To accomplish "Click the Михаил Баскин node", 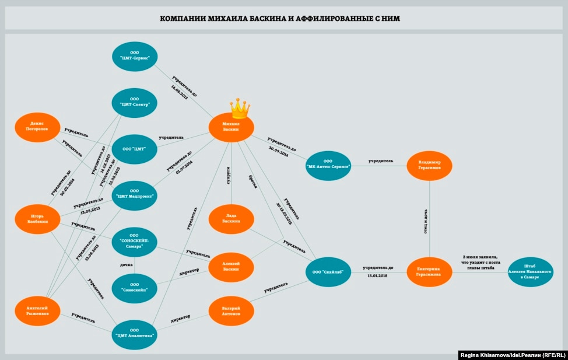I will pos(232,127).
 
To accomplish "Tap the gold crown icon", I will pos(240,107).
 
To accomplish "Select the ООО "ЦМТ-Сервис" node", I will pos(135,57).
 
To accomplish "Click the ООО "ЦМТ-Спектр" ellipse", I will pos(135,103).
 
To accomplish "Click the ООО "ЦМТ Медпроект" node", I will pos(135,194).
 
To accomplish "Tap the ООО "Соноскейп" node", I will pos(135,288).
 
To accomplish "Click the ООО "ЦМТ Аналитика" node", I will pos(135,334).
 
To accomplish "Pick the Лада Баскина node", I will pos(232,219).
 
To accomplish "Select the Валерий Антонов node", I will pos(232,310).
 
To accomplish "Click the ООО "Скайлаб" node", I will pos(328,272).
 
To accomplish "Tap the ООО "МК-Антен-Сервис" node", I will pos(328,166).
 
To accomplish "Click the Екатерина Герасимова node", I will pos(429,272).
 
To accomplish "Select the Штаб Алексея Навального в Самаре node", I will pos(530,272).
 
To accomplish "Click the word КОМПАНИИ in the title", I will pos(183,19).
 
